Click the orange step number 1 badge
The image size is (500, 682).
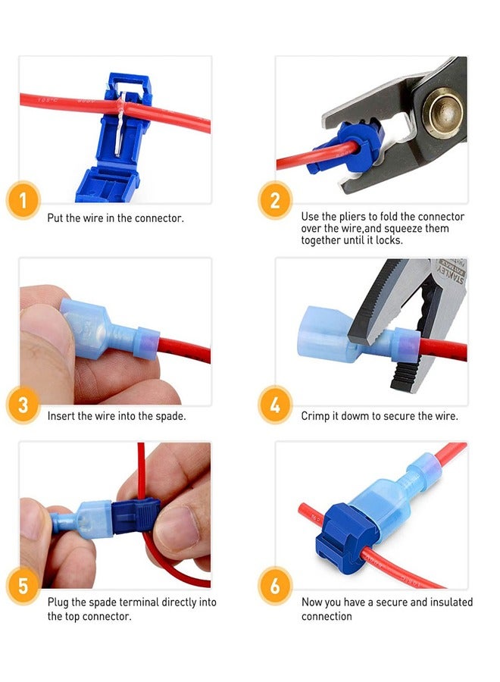click(23, 202)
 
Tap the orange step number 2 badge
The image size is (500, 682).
click(275, 202)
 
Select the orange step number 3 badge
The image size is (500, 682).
click(23, 405)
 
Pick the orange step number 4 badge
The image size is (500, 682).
click(275, 405)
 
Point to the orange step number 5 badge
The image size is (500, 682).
click(23, 587)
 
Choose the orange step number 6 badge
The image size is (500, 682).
click(275, 587)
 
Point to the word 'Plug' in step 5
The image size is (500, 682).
click(58, 602)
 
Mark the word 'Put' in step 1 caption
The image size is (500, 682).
click(56, 218)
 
